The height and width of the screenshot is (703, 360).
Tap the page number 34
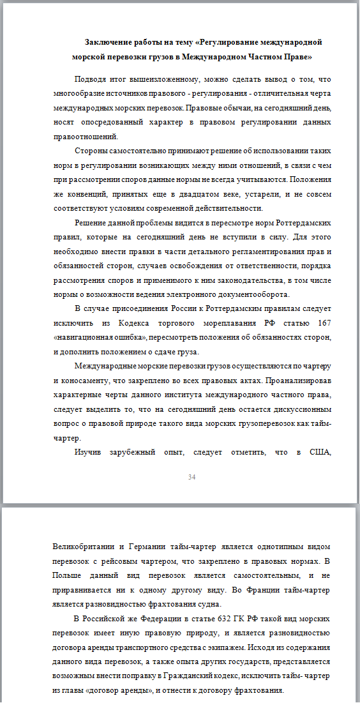pyautogui.click(x=192, y=477)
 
